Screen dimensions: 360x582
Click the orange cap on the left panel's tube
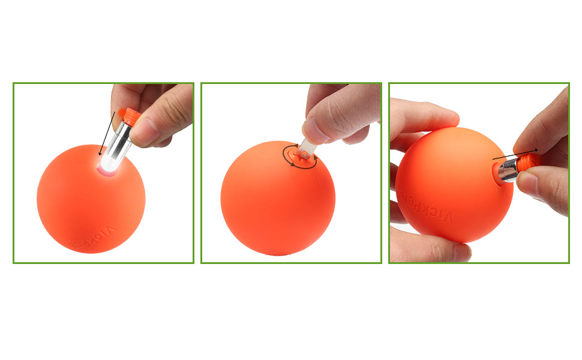tap(131, 116)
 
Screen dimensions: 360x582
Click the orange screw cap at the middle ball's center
tap(301, 157)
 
